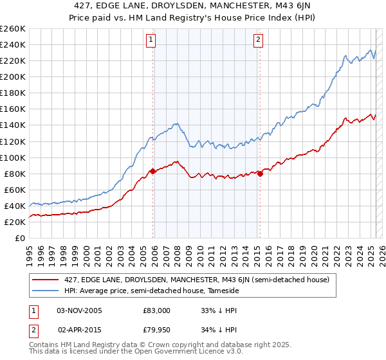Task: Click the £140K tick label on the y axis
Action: click(13, 125)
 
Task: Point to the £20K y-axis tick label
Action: click(15, 222)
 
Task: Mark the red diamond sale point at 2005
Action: click(153, 171)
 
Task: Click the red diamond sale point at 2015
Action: click(260, 174)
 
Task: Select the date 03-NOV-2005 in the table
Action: click(79, 310)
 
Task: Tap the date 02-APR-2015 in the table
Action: click(79, 331)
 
